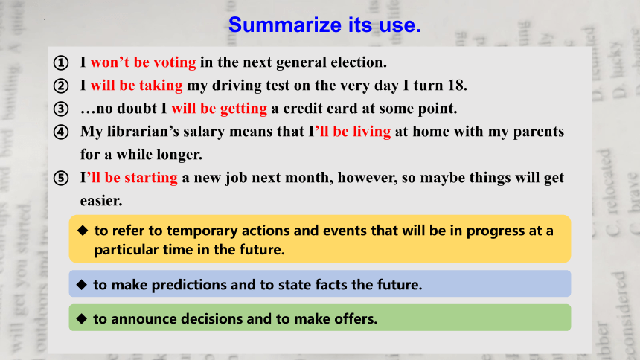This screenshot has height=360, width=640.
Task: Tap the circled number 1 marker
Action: click(x=61, y=63)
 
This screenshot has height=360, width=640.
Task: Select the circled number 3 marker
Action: click(x=61, y=109)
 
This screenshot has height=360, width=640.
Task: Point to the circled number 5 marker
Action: click(x=61, y=179)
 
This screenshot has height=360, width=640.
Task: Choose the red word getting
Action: click(x=243, y=108)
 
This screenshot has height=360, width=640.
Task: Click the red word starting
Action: click(x=150, y=178)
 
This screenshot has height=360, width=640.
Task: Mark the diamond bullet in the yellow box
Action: click(x=83, y=231)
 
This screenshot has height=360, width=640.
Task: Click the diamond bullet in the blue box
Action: click(x=82, y=284)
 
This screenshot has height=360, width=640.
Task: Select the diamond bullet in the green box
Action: click(x=82, y=319)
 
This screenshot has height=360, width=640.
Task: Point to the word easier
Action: click(x=101, y=201)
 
